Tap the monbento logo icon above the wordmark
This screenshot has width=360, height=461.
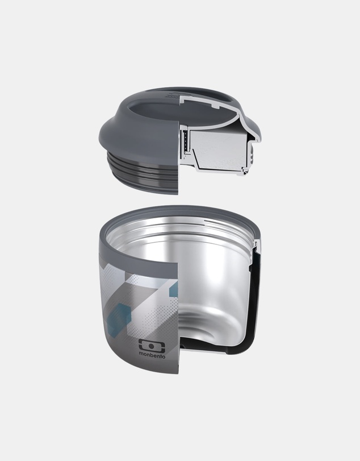point(152,345)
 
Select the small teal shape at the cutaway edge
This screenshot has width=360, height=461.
point(174,288)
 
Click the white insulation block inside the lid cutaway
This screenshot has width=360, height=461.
point(219,150)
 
